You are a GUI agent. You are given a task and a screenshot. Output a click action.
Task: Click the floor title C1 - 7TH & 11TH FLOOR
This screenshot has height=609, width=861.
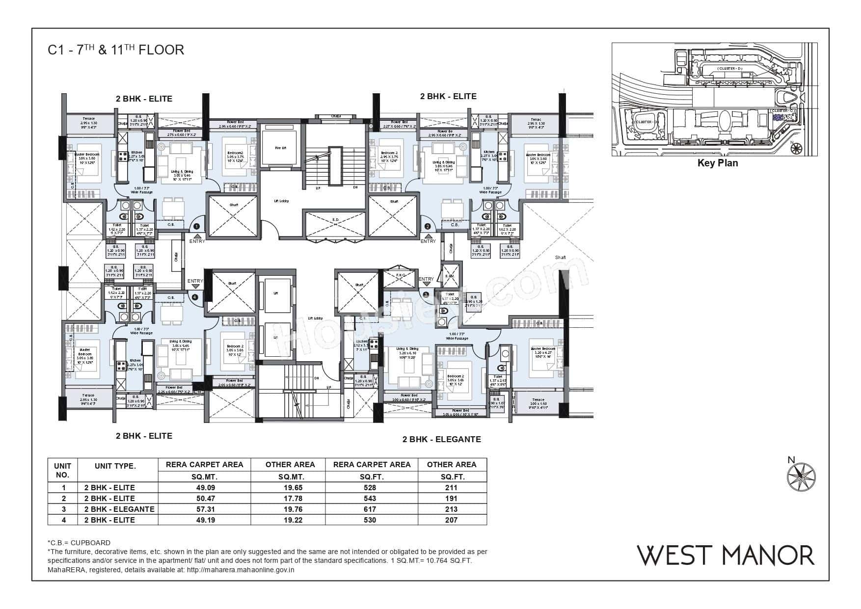[x=116, y=50]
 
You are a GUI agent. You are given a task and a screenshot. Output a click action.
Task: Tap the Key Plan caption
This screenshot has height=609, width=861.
[x=717, y=163]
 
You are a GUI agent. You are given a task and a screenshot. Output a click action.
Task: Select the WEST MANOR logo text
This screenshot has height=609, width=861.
[x=725, y=555]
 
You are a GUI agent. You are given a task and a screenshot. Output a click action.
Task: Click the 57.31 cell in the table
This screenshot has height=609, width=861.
[x=204, y=509]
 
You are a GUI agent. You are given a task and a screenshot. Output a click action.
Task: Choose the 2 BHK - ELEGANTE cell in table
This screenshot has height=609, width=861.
[x=119, y=509]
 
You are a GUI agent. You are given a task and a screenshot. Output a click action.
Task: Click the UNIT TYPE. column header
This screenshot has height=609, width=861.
[x=115, y=466]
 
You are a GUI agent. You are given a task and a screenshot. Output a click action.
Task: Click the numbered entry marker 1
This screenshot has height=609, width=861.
[x=196, y=227]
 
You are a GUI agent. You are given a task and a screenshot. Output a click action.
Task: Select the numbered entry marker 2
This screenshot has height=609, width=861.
[x=428, y=227]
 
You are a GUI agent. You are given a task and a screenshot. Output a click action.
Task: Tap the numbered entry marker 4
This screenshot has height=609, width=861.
[x=195, y=296]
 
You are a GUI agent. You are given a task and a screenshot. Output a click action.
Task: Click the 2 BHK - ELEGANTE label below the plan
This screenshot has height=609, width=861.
[x=441, y=439]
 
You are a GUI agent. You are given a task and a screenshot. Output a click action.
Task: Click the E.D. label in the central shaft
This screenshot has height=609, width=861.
[x=336, y=219]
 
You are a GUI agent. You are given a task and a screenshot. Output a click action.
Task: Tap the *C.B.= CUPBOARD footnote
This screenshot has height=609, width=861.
[x=79, y=543]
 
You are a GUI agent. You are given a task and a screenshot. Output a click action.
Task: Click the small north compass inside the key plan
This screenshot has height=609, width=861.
[x=797, y=147]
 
